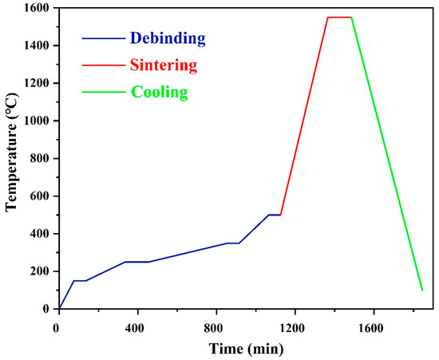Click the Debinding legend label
[168, 38]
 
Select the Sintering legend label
[164, 65]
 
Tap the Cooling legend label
[160, 92]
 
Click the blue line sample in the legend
[102, 38]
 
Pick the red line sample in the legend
[102, 65]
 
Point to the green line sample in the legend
[102, 92]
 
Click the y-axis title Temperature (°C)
[11, 158]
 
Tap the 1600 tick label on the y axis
[37, 8]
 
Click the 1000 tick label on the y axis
[37, 121]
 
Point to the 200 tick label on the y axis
[40, 271]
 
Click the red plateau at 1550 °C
[339, 17]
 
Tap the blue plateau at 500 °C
[274, 215]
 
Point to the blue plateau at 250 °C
[136, 262]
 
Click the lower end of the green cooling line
[421, 289]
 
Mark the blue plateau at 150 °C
[80, 280]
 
